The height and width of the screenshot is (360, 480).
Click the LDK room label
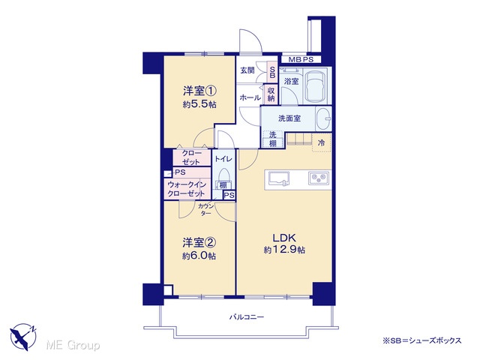click(283, 238)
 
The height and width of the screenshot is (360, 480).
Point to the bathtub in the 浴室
click(316, 86)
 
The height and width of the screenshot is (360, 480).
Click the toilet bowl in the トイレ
click(224, 175)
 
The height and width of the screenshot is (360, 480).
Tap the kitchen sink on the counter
click(279, 178)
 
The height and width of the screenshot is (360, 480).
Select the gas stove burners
click(318, 178)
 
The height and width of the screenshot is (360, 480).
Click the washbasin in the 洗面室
click(323, 118)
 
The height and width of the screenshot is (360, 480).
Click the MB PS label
click(301, 60)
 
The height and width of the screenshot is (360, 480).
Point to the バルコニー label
click(247, 316)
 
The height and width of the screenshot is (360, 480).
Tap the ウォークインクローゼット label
click(187, 189)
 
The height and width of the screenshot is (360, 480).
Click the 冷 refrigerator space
click(321, 142)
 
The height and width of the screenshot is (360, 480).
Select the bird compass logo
click(23, 337)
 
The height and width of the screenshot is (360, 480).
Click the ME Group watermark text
click(73, 345)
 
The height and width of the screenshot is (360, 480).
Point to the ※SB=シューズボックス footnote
click(421, 340)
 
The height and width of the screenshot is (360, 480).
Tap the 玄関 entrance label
click(247, 70)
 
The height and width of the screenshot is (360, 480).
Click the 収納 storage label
click(271, 94)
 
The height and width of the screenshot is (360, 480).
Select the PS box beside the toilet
click(229, 195)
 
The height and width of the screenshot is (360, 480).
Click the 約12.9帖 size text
click(283, 250)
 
